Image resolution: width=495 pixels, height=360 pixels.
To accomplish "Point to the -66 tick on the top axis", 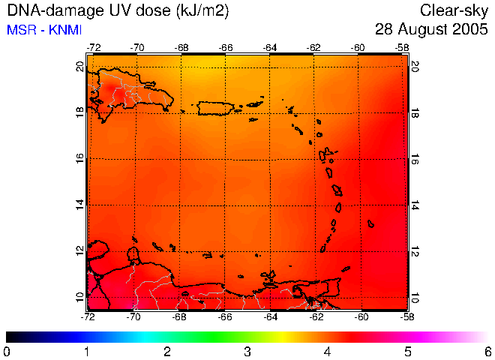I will [x=226, y=46].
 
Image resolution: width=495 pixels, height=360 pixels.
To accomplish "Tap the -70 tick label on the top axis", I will [x=137, y=46].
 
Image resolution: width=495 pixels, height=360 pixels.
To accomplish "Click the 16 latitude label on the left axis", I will [x=80, y=160].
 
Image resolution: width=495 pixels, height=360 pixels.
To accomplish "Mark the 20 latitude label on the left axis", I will [x=80, y=67].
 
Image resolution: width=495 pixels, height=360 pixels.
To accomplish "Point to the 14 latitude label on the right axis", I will [x=415, y=205].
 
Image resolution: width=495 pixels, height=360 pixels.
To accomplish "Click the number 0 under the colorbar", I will [x=7, y=351].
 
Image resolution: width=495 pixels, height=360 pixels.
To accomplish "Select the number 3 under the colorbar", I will [x=247, y=351].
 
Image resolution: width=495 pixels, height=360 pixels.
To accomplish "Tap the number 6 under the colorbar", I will [x=487, y=351].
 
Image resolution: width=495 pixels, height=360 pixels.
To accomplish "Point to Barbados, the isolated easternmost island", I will [x=370, y=223].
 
